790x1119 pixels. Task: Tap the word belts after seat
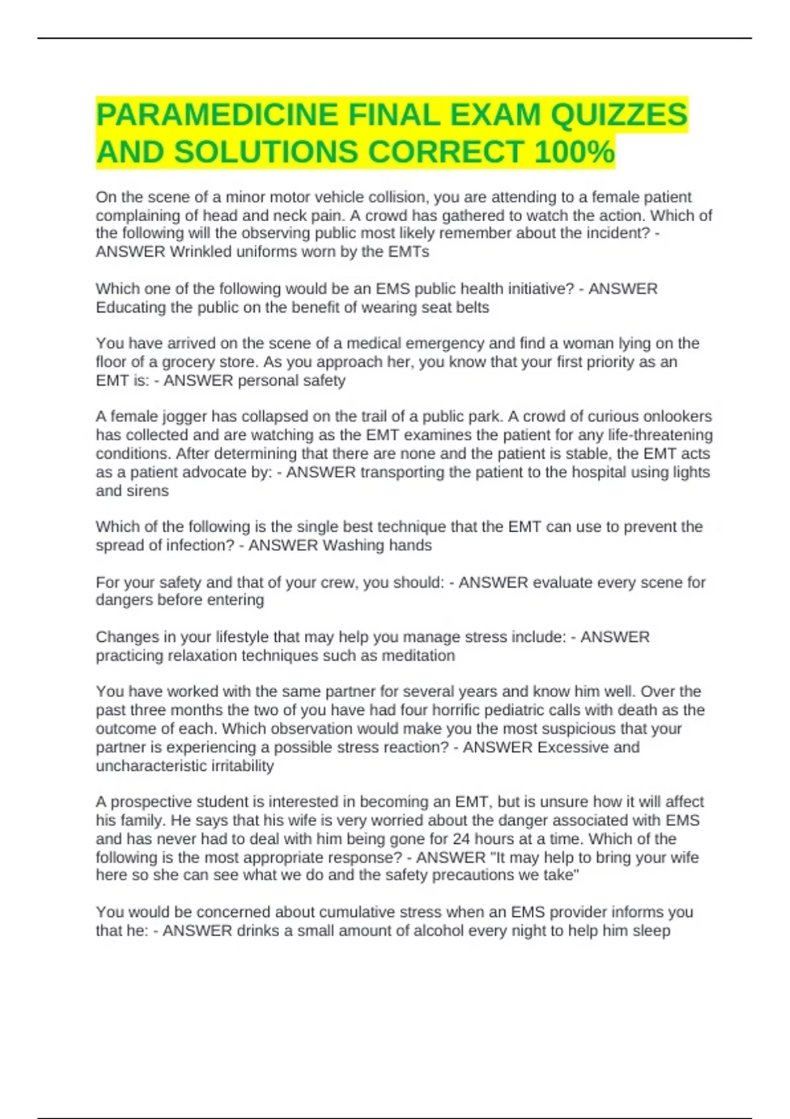point(469,307)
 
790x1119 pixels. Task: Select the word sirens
point(149,491)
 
